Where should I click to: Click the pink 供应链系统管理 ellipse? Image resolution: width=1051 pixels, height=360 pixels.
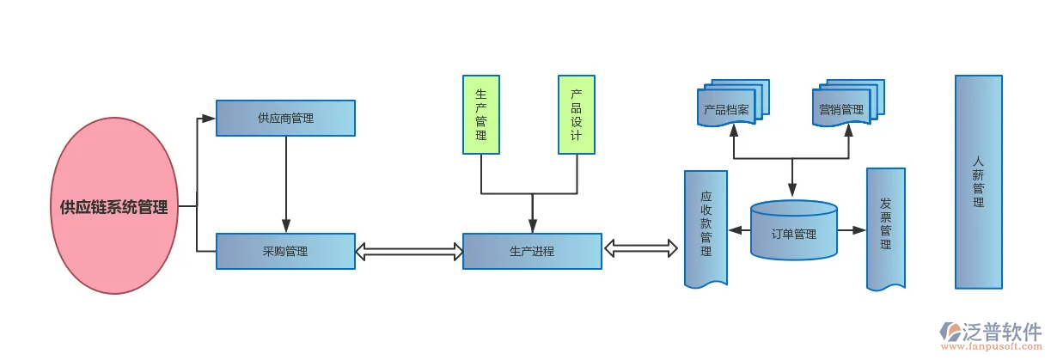coord(114,207)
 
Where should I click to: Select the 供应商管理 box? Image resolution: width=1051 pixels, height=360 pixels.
coord(285,118)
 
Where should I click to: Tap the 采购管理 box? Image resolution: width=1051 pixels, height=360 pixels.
coord(285,251)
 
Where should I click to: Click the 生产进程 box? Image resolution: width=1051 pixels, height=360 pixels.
coord(532,251)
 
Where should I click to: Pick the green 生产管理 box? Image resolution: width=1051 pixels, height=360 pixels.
coord(481,115)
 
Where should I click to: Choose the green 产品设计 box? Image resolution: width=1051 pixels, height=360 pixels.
coord(577,115)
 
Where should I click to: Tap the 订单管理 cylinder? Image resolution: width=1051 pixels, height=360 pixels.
coord(793,232)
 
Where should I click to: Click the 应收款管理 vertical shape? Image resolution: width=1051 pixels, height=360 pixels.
coord(706,228)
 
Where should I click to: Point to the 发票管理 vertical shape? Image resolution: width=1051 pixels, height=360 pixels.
coord(886,228)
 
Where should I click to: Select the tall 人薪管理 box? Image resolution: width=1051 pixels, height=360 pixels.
coord(978,181)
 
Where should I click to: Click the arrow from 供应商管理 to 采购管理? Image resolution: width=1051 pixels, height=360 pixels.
coord(286,185)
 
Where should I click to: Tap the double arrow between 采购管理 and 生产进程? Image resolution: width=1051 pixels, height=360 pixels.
coord(409,251)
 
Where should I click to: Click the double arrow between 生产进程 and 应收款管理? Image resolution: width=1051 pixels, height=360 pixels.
coord(641,249)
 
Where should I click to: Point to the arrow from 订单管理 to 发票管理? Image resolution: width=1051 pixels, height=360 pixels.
coord(852,230)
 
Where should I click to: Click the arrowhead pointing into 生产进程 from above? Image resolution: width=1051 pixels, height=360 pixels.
coord(533,226)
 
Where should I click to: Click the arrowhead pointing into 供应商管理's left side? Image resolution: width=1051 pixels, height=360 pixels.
coord(208,118)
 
